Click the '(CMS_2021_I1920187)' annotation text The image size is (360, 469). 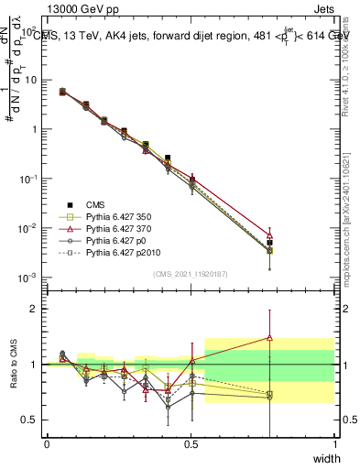(191, 273)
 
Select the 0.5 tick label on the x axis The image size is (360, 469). (191, 443)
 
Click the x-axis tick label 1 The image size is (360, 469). (334, 443)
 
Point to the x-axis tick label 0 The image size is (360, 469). (47, 443)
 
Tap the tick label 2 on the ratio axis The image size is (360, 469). (34, 309)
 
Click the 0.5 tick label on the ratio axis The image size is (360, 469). (29, 420)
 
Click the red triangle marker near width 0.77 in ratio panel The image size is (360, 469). (269, 337)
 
